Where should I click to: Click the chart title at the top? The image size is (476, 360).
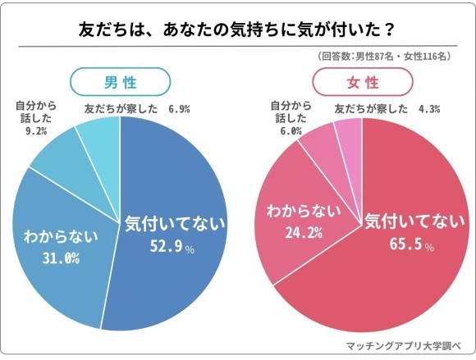[238, 30]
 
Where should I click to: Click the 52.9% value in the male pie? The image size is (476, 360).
[166, 246]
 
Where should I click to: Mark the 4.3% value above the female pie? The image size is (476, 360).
[429, 108]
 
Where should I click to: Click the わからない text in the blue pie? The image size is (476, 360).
[60, 238]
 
